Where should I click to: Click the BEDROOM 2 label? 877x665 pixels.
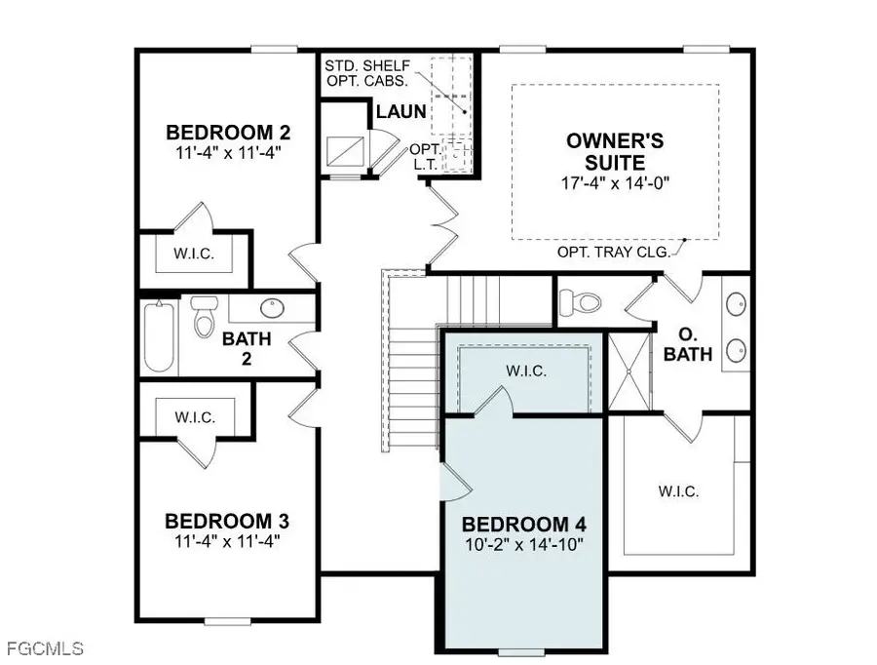(228, 133)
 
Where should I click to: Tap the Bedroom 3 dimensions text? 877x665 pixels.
(227, 541)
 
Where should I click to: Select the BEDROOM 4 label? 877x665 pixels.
(524, 525)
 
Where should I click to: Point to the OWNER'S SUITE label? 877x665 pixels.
(615, 151)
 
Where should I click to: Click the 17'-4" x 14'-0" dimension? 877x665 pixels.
(615, 183)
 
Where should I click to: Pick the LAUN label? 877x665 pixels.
(401, 111)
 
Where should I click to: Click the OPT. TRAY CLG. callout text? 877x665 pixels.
(614, 252)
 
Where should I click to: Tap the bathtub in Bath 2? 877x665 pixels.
(160, 335)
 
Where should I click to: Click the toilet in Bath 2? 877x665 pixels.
(204, 316)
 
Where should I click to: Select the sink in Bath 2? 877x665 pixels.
(272, 307)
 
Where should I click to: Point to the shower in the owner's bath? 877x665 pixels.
(629, 372)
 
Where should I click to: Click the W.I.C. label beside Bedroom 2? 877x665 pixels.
(194, 254)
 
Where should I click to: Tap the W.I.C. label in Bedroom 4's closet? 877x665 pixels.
(526, 371)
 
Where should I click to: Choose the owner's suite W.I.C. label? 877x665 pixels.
(678, 491)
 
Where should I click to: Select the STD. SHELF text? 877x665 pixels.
(367, 65)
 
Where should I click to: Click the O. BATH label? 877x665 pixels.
(687, 344)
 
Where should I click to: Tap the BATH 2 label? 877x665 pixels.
(247, 348)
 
